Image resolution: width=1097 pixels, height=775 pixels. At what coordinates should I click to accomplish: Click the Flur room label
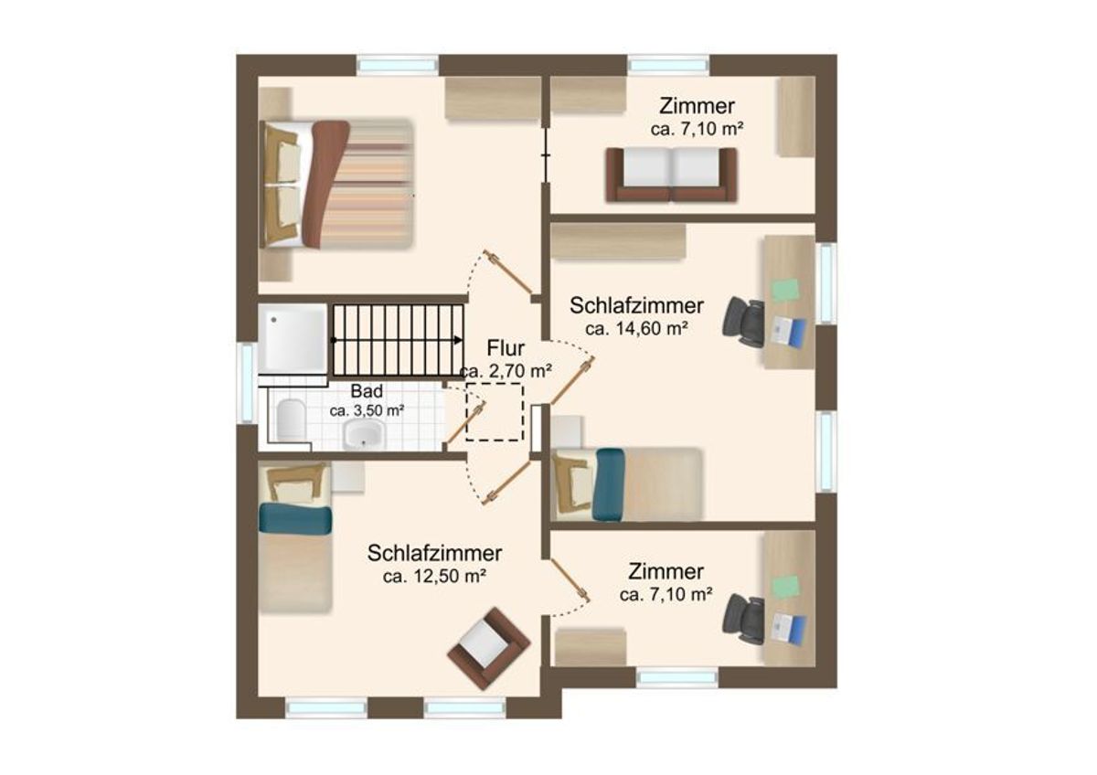(x=506, y=348)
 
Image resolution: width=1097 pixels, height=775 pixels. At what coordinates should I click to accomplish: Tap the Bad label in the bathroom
(x=367, y=391)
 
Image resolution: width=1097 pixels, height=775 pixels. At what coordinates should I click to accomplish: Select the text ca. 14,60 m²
(x=636, y=329)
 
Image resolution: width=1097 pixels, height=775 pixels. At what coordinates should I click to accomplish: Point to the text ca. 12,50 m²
(x=434, y=577)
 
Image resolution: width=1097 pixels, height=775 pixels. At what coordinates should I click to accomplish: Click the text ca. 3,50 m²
(x=367, y=410)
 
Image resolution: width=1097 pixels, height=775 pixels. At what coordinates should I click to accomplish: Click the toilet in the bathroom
(x=290, y=419)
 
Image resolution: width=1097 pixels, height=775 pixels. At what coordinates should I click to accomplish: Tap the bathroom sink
(x=365, y=434)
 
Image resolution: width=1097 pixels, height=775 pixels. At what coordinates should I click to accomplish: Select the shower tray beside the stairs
(x=293, y=339)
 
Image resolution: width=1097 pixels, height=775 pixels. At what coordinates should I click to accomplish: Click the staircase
(x=399, y=340)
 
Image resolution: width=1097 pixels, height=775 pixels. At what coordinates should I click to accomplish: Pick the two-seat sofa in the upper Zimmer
(x=671, y=175)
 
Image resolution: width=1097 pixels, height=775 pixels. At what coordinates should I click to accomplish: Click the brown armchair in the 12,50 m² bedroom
(x=488, y=648)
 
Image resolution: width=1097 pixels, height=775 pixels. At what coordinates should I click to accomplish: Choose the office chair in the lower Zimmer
(x=743, y=620)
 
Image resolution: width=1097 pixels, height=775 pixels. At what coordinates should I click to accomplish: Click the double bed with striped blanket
(x=336, y=184)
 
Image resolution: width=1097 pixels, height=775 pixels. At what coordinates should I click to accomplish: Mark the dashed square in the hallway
(x=495, y=412)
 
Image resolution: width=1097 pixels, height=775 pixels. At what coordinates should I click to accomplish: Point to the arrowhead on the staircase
(x=458, y=340)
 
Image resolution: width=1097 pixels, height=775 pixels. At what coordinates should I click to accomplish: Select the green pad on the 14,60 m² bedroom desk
(x=785, y=290)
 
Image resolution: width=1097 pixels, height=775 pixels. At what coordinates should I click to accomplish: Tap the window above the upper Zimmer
(x=668, y=65)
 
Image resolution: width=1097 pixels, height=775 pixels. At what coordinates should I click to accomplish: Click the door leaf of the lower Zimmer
(x=570, y=580)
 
